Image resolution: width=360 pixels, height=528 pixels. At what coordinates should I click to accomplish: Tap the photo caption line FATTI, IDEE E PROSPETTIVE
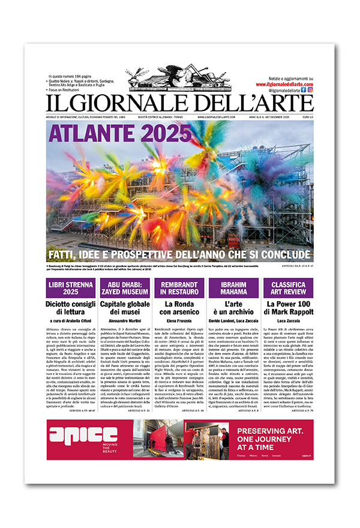click(180, 254)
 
